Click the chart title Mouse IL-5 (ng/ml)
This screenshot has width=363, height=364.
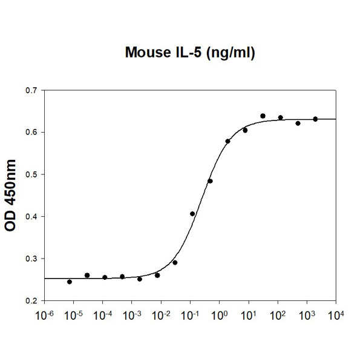coord(189,53)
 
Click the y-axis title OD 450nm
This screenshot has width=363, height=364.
coord(10,196)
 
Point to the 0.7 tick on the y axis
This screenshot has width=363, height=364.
coord(31,90)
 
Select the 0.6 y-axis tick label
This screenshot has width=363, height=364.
coord(31,132)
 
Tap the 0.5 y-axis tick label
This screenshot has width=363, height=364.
coord(31,174)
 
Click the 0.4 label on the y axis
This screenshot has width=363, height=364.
coord(31,216)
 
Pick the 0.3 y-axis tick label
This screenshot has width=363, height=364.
coord(31,259)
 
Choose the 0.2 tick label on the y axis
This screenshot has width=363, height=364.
coord(31,300)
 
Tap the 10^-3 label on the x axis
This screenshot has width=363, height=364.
coord(131,316)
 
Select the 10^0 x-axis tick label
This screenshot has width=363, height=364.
coord(219,316)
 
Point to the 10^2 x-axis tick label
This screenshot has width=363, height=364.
coord(278,316)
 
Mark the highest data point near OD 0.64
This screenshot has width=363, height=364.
coord(263,116)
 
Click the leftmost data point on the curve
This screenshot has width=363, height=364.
coord(70,282)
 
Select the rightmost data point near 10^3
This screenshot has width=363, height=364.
coord(315,119)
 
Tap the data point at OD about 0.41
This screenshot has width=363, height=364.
coord(192,213)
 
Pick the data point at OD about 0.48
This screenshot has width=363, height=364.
coord(210,180)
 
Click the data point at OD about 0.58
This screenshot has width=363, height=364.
coord(227,141)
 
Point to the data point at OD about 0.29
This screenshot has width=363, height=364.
coord(175,262)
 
